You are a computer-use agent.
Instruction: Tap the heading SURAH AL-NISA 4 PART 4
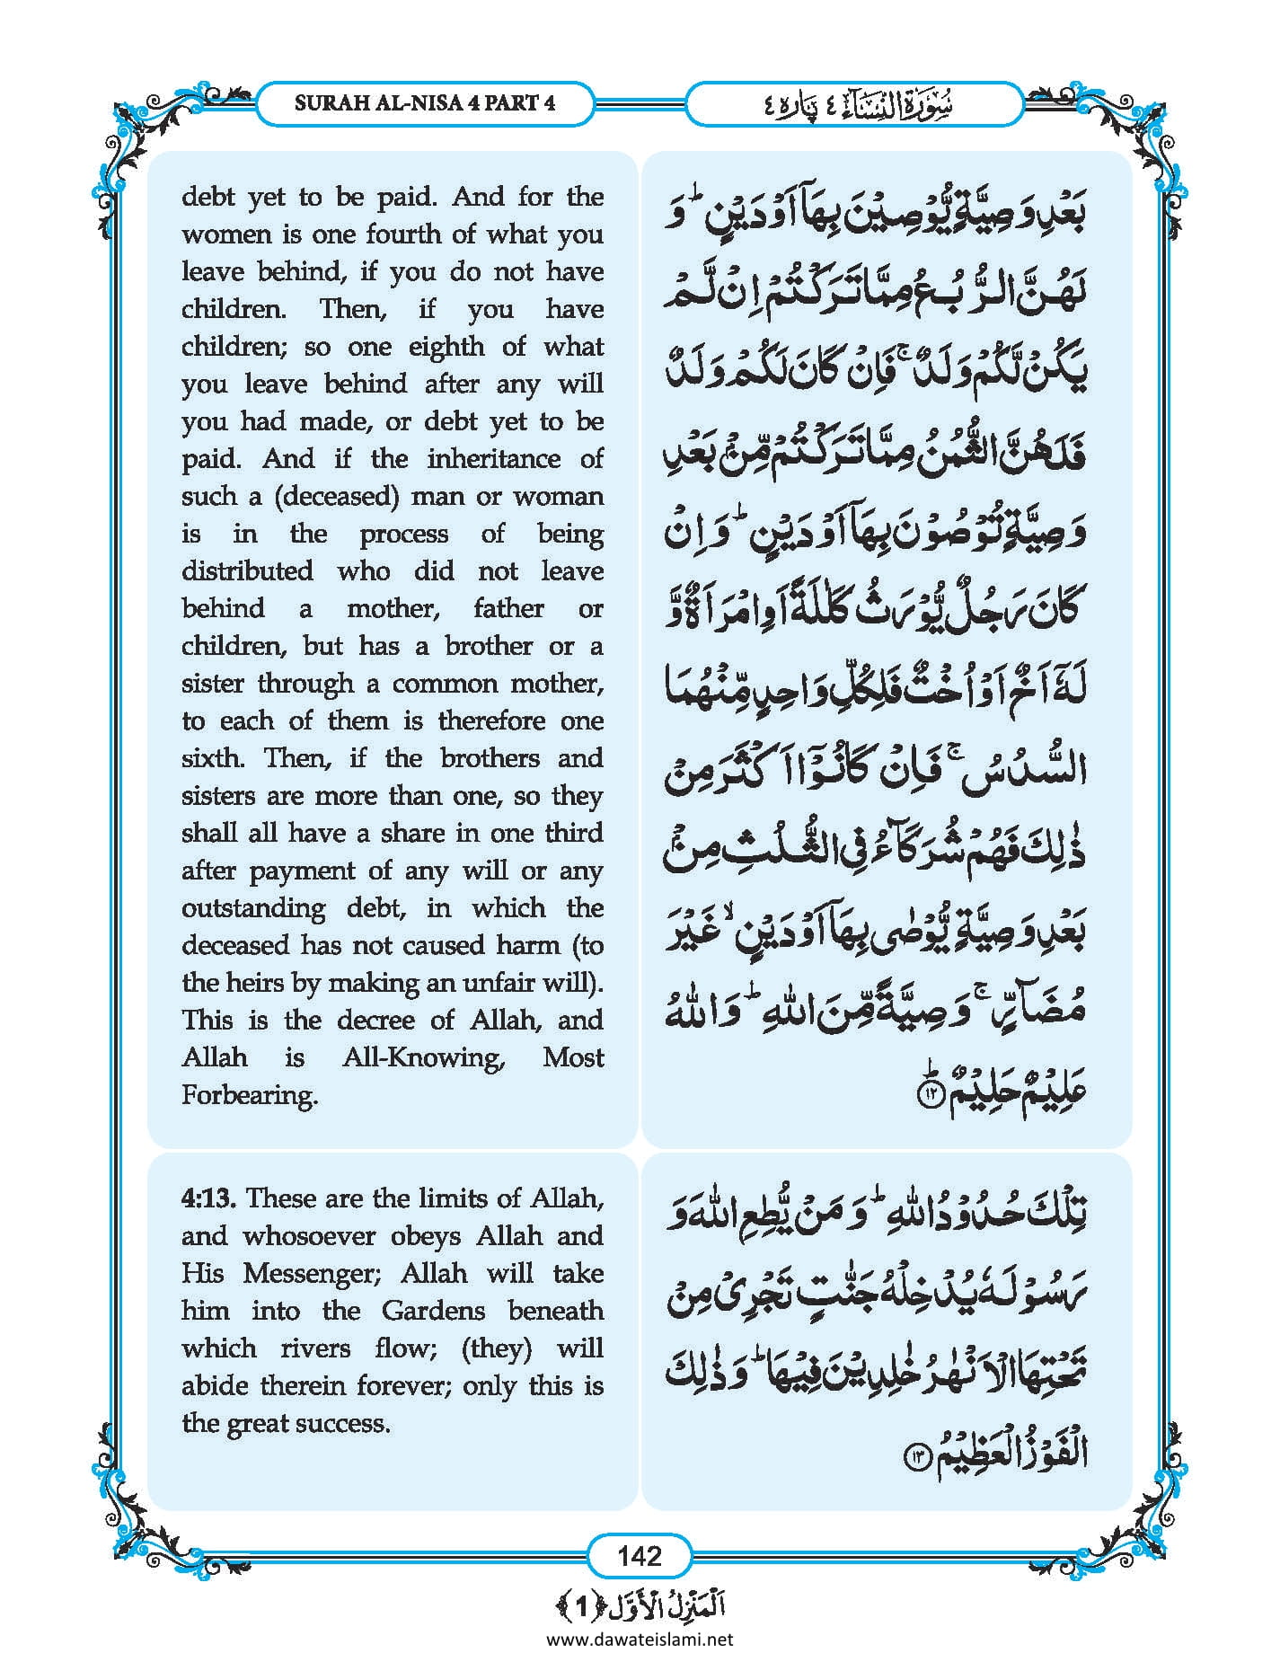424,102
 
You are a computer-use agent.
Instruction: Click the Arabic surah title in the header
853,104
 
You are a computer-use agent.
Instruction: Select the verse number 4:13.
209,1198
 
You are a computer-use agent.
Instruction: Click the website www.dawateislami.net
640,1639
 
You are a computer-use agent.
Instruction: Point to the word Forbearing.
250,1095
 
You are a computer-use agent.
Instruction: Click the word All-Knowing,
424,1057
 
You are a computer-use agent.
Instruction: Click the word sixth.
212,758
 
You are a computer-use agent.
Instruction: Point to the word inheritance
492,459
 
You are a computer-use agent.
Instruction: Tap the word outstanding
253,908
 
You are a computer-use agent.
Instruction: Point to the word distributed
247,571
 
